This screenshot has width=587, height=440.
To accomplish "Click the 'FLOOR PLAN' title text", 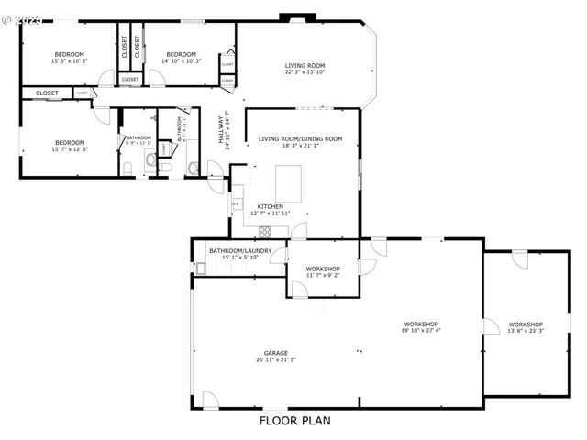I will pyautogui.click(x=293, y=421).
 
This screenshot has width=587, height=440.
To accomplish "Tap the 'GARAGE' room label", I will pyautogui.click(x=276, y=353).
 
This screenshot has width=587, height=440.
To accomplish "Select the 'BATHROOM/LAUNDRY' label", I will pyautogui.click(x=240, y=250).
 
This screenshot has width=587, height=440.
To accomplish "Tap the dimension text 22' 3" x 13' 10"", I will pyautogui.click(x=305, y=72).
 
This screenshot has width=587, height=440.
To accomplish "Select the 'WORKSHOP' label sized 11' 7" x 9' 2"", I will pyautogui.click(x=323, y=269).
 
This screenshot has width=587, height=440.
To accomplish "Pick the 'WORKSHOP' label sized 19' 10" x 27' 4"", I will pyautogui.click(x=421, y=324).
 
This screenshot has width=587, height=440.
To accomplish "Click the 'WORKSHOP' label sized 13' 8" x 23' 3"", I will pyautogui.click(x=526, y=324).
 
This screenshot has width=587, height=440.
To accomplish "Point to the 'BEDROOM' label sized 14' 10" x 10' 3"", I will pyautogui.click(x=181, y=54).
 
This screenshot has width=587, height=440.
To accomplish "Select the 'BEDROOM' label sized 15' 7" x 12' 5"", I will pyautogui.click(x=69, y=142).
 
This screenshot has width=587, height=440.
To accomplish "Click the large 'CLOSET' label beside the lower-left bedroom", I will pyautogui.click(x=47, y=93).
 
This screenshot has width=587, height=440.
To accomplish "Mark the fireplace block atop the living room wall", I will pyautogui.click(x=297, y=16).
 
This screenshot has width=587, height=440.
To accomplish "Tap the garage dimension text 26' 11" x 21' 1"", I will pyautogui.click(x=276, y=360).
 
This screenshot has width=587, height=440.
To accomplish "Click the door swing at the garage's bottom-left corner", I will pyautogui.click(x=210, y=401).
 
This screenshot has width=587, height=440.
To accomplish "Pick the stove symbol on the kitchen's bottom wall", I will pyautogui.click(x=265, y=232).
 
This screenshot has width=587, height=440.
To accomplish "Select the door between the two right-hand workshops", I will pyautogui.click(x=491, y=326).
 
